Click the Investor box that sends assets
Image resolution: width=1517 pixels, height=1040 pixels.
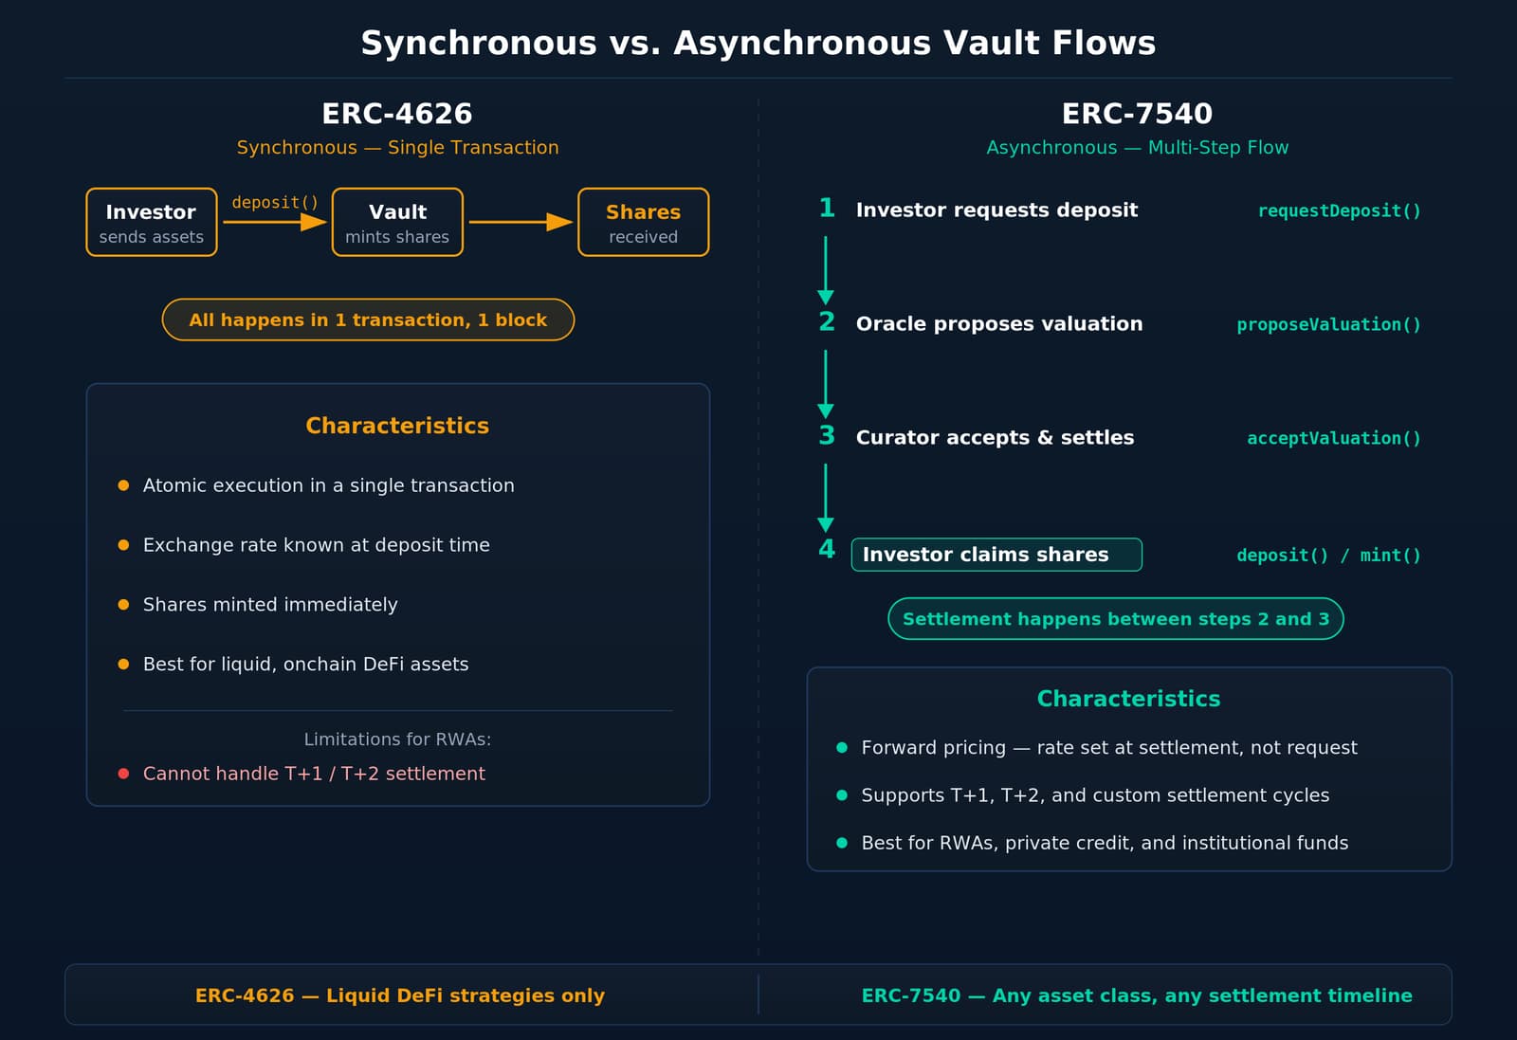[x=152, y=222]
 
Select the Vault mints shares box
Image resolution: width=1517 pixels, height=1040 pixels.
[x=397, y=222]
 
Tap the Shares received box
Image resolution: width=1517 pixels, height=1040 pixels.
[x=643, y=222]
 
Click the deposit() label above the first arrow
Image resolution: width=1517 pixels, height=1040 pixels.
[x=275, y=202]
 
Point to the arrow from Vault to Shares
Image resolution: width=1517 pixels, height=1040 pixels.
[x=521, y=222]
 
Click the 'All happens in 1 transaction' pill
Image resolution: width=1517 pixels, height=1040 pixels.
[x=368, y=319]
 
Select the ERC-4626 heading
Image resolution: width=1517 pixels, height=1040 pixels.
[x=397, y=114]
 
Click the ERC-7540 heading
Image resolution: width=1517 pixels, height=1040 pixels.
[x=1137, y=114]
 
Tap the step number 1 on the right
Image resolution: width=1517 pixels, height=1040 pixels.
[x=827, y=209]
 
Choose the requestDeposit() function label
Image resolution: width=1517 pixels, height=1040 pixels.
[x=1339, y=210]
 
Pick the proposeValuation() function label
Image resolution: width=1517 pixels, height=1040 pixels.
[x=1328, y=324]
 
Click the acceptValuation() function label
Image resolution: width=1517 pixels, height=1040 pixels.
[x=1333, y=438]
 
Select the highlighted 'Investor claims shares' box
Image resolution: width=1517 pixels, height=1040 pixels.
[x=996, y=555]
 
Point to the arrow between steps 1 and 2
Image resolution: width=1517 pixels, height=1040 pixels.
[x=826, y=269]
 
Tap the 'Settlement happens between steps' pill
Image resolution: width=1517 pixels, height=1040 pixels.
[x=1115, y=619]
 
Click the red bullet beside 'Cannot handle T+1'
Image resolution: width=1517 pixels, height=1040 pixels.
[x=123, y=774]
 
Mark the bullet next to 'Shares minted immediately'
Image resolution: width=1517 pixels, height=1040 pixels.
[x=123, y=605]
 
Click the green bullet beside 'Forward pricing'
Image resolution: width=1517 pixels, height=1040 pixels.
[x=842, y=748]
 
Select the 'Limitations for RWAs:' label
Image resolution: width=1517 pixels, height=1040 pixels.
[x=397, y=739]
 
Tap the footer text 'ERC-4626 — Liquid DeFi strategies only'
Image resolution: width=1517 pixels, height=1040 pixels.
[x=399, y=995]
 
